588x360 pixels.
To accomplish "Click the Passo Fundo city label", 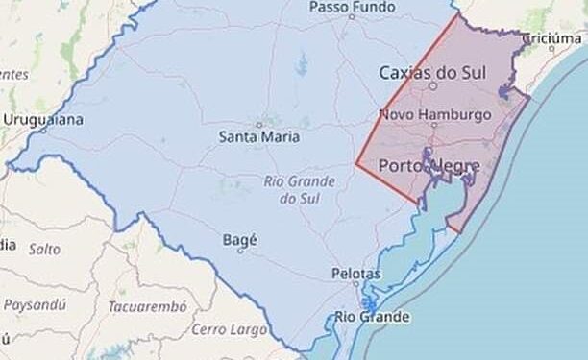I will [352, 8].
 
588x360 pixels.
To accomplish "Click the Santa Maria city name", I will [259, 137].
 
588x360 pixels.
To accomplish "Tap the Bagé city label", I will [239, 239].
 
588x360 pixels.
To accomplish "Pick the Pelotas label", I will [355, 274].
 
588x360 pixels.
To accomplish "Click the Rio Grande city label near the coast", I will [373, 317].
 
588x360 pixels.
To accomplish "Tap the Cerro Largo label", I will [229, 329].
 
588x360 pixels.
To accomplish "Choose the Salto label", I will [44, 249].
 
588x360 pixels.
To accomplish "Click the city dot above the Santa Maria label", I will [258, 124].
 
